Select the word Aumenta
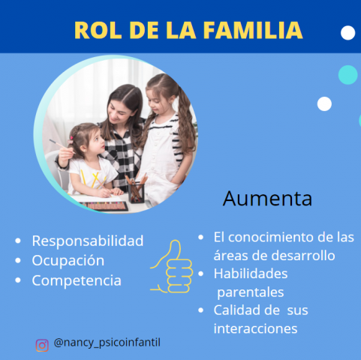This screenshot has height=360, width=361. tap(267, 199)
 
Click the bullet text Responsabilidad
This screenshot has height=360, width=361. tap(88, 241)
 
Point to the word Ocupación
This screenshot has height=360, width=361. tap(68, 261)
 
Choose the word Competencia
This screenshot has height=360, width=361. tap(77, 280)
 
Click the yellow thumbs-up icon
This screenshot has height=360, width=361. tap(172, 266)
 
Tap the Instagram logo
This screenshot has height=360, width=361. tap(42, 346)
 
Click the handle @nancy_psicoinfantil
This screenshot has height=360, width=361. tap(107, 343)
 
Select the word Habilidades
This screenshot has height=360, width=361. tap(251, 274)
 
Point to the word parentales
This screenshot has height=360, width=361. tap(251, 292)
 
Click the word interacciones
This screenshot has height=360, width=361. tap(255, 328)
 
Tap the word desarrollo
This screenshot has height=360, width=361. tap(303, 256)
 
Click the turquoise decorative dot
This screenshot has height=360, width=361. tap(348, 75)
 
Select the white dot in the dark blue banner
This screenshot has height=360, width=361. tap(348, 33)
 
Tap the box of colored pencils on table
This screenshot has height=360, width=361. tap(104, 206)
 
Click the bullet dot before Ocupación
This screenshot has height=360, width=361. tap(18, 260)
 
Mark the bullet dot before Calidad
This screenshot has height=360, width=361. tap(200, 310)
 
